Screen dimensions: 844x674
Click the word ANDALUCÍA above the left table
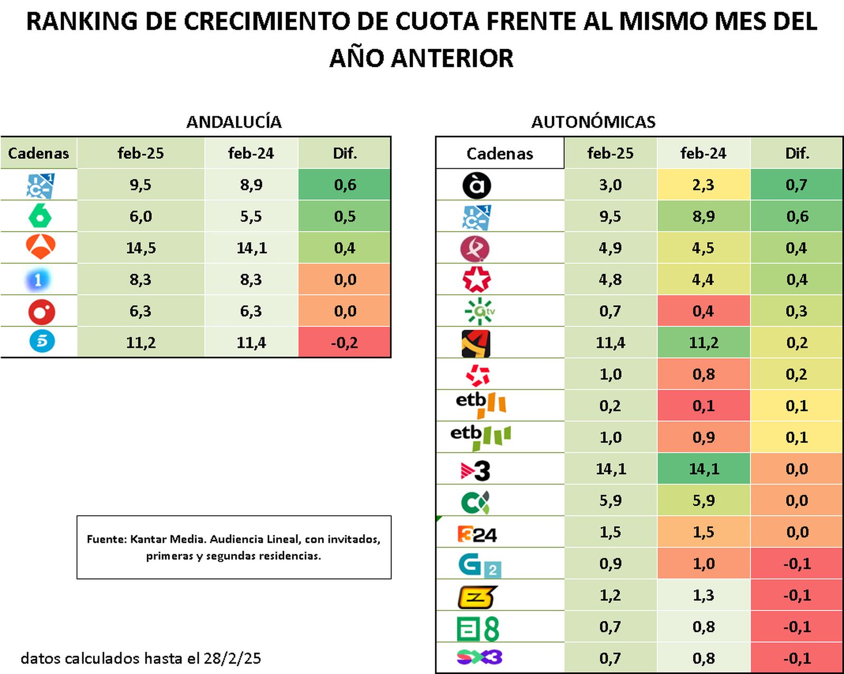tap(234, 122)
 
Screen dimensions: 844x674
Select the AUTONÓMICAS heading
tap(593, 122)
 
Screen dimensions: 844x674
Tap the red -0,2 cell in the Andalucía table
tap(344, 342)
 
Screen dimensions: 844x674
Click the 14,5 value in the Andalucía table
tap(141, 248)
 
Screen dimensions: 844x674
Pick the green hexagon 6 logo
tap(40, 216)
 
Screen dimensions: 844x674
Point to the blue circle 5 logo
tap(42, 341)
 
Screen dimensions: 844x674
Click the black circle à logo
tap(476, 185)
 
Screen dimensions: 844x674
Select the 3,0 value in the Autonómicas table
tap(610, 185)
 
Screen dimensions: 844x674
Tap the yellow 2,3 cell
tap(704, 185)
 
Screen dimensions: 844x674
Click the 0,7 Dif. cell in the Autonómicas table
tap(797, 185)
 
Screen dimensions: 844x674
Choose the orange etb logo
tap(481, 405)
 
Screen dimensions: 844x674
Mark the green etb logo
tap(481, 437)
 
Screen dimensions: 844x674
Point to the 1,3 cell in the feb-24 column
tap(704, 595)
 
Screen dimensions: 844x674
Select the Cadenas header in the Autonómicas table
tap(500, 153)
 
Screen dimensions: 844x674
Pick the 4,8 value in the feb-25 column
tap(610, 280)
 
